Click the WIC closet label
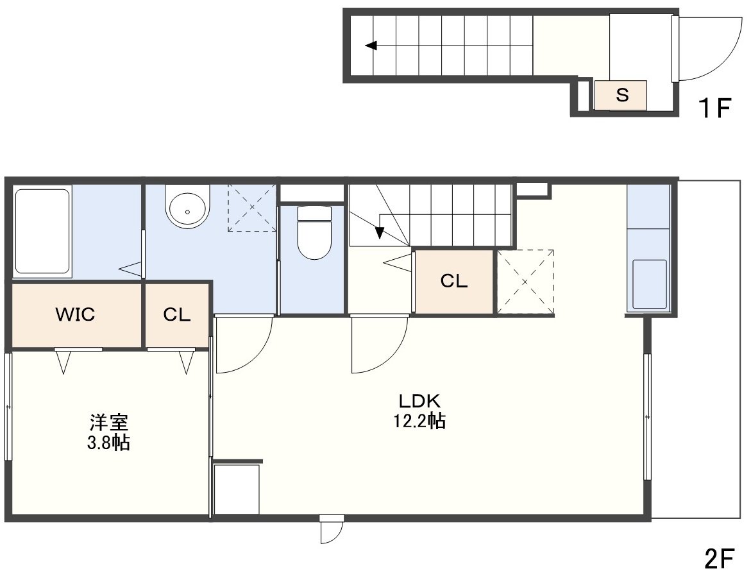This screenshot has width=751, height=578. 75,315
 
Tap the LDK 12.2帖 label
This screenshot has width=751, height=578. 419,411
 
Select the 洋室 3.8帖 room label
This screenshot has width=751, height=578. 109,432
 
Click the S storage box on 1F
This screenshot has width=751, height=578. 621,96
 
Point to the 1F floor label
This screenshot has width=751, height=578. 714,107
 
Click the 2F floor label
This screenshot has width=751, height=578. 720,558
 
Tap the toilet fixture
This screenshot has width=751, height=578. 314,232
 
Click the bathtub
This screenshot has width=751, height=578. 42,231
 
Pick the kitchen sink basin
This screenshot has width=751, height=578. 649,284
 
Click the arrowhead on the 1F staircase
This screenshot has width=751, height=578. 371,46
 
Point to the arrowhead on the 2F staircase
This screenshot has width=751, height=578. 379,232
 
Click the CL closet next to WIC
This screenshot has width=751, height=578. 177,315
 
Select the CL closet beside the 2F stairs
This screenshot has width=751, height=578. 453,282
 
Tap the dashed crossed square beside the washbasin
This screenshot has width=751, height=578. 252,207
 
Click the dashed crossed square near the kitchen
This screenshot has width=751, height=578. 525,282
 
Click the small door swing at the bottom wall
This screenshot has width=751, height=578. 332,532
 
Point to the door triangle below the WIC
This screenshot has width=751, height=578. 63,362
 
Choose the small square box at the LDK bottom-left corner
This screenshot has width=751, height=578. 236,489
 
